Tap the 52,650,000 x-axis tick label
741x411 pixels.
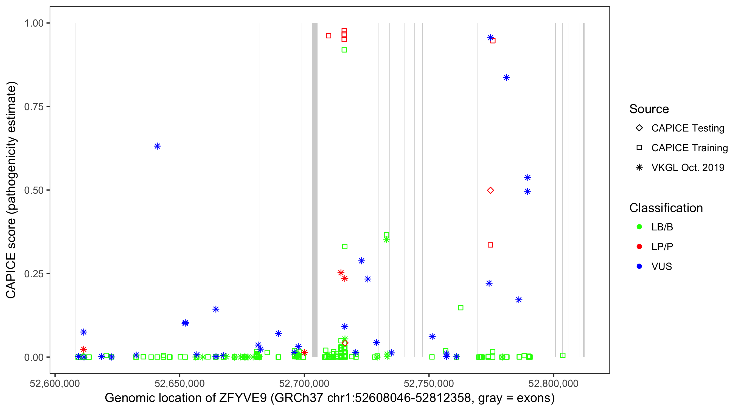click(179, 383)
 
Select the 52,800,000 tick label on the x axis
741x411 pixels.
click(553, 383)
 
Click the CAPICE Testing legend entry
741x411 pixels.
click(687, 128)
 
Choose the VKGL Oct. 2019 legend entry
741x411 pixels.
click(687, 167)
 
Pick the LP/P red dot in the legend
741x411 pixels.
click(639, 247)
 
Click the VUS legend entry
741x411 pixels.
click(661, 267)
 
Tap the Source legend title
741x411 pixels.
click(649, 109)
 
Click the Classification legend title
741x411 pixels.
click(666, 208)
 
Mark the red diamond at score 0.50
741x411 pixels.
click(490, 190)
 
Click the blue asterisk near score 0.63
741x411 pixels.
click(157, 146)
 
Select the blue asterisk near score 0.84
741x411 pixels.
click(507, 78)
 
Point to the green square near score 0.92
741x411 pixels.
click(344, 50)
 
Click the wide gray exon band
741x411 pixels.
click(315, 190)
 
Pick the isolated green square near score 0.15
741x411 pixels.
click(461, 308)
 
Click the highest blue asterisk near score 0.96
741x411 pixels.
click(490, 38)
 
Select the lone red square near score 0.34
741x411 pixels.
click(490, 245)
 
